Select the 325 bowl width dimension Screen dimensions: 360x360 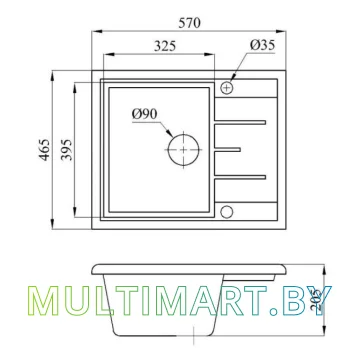pyautogui.click(x=166, y=45)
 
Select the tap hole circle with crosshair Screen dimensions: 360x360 pyautogui.click(x=228, y=88)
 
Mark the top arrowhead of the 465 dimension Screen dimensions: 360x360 pyautogui.click(x=48, y=72)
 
